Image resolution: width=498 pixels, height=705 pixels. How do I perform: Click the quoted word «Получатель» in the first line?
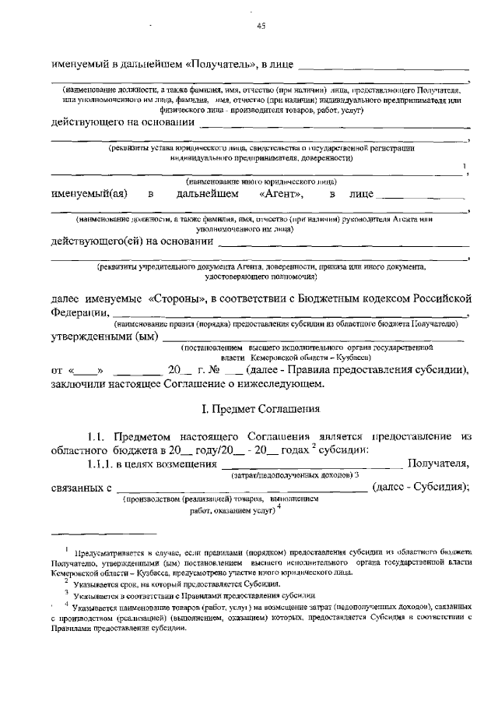[x=220, y=63]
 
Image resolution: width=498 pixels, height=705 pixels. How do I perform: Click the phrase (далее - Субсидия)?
[x=421, y=487]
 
